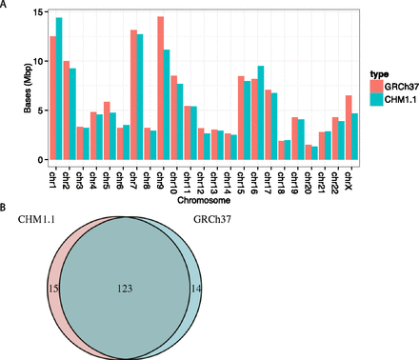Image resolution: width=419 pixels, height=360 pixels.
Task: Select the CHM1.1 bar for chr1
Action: (x=59, y=82)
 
